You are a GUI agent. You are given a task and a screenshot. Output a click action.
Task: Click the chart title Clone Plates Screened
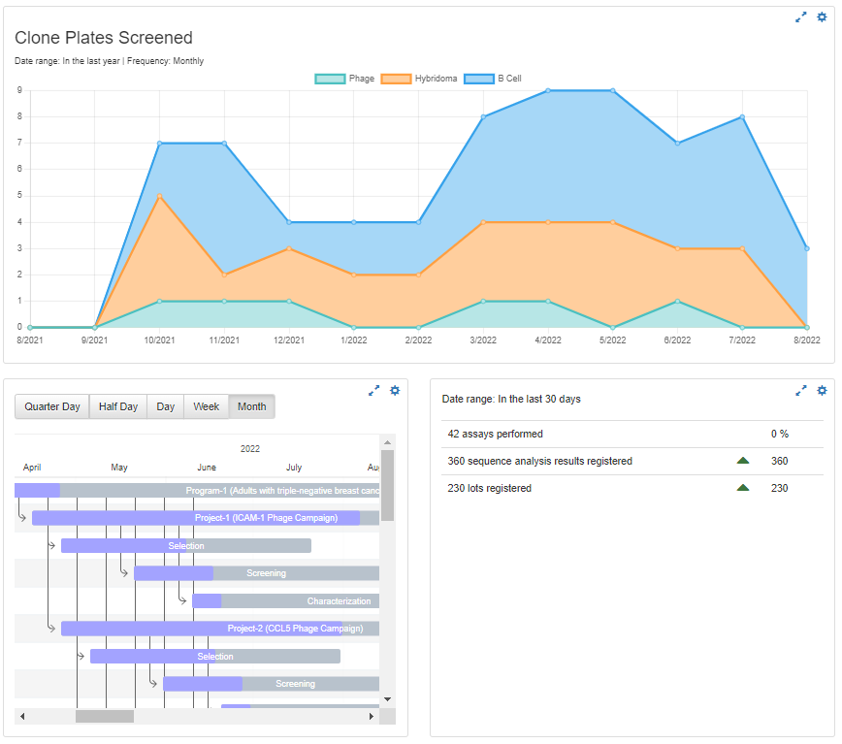[104, 38]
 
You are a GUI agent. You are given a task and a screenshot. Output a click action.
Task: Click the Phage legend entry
[346, 79]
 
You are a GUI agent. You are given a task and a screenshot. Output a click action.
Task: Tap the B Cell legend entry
[494, 79]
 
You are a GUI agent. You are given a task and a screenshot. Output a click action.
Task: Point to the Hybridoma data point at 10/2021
[159, 196]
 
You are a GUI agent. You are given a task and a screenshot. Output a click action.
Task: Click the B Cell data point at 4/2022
[548, 90]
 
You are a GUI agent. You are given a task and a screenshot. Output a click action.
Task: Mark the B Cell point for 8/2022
[806, 248]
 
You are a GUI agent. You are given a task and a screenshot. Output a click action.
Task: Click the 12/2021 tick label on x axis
[289, 340]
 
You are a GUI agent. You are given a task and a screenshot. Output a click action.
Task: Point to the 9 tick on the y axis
[19, 90]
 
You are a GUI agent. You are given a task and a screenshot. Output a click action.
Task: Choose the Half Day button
[118, 406]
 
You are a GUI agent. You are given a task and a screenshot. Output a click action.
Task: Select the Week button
[206, 406]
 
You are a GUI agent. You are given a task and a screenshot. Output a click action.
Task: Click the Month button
[251, 406]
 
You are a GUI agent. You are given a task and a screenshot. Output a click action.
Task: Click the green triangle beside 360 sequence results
[743, 461]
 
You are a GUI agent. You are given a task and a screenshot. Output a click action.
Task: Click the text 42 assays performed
[496, 434]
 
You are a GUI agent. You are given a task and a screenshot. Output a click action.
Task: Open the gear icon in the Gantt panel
[395, 390]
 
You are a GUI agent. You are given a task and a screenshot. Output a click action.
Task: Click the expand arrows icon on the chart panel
[800, 16]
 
